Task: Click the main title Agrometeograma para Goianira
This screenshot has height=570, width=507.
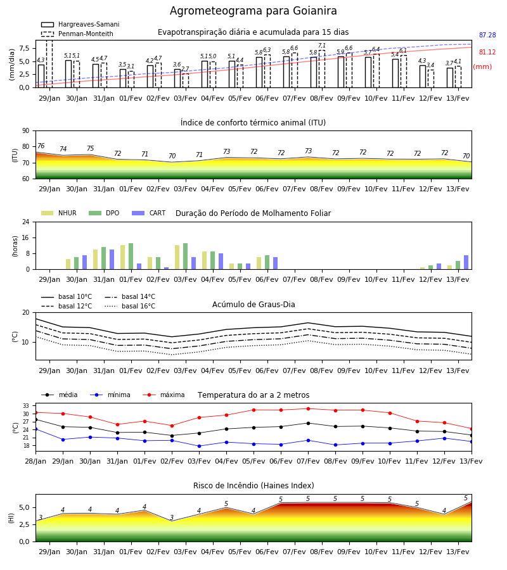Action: (253, 11)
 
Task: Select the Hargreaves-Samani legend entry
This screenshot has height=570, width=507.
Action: (80, 24)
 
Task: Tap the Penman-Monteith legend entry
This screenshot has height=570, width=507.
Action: (77, 34)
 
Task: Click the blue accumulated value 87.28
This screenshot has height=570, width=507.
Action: (487, 35)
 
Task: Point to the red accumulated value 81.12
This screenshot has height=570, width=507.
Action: (487, 53)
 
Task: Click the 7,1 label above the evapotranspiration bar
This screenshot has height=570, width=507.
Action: (322, 46)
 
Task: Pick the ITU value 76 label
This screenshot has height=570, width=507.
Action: (41, 146)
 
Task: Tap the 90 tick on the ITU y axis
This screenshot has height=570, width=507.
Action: (26, 131)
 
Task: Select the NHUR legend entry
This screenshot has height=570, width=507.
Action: (59, 213)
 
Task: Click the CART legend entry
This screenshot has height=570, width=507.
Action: (149, 213)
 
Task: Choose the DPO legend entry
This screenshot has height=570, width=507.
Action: (104, 213)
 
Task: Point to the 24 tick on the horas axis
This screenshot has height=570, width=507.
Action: (26, 222)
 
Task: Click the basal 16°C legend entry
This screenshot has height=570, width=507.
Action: (130, 306)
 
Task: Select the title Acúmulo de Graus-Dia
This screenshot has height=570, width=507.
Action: (253, 305)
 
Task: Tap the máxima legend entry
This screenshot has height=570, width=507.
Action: (164, 395)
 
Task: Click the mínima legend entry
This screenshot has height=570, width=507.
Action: (110, 395)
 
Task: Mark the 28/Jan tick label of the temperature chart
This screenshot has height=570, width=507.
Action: (35, 461)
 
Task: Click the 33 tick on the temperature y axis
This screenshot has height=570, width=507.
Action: (26, 406)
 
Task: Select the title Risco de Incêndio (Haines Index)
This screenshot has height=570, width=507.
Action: (253, 486)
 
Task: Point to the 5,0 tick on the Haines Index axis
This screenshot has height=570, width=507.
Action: (24, 507)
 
